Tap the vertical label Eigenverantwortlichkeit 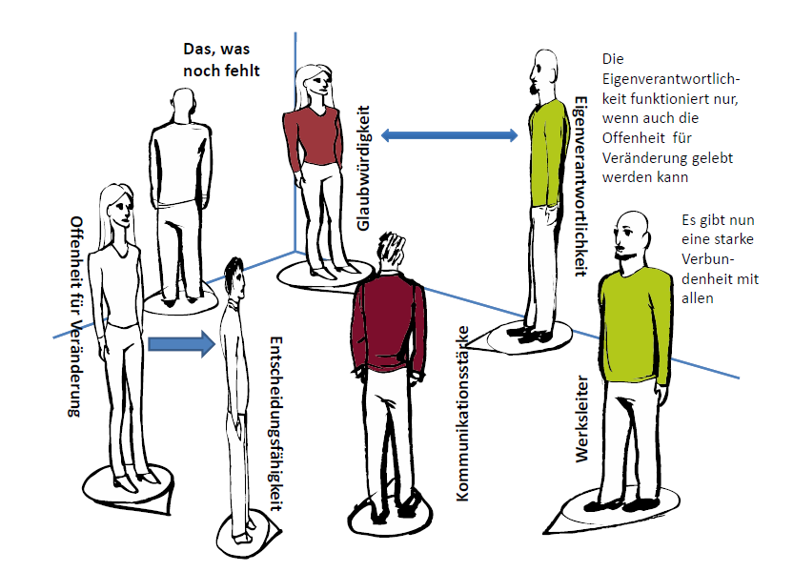580,186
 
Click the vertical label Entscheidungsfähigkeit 275,424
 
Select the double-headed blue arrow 449,135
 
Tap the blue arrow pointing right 177,344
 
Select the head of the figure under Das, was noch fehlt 182,105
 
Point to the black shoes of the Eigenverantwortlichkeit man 530,335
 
